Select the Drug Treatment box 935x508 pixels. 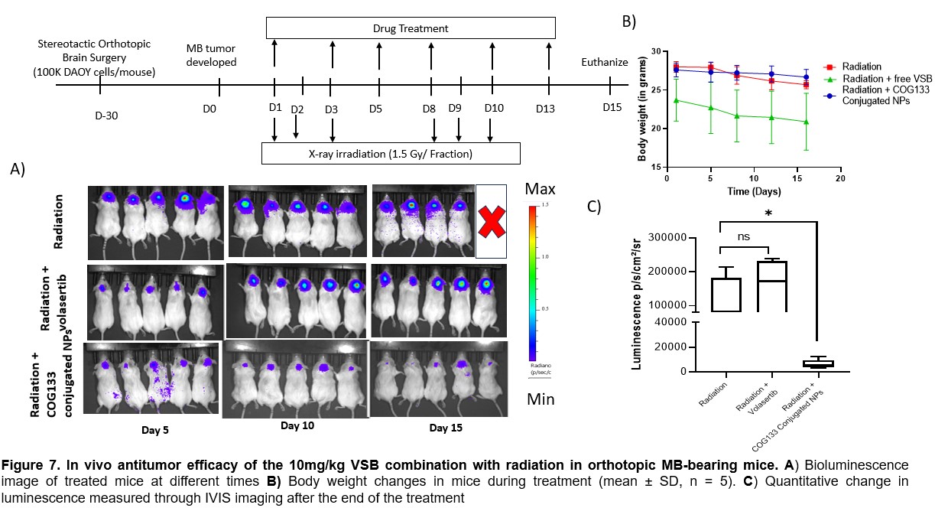pos(411,29)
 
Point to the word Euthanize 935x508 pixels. pos(604,62)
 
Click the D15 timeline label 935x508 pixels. pos(612,108)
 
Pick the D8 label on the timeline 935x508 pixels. pos(429,109)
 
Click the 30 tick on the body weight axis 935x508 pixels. pos(655,51)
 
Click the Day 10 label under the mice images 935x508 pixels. pos(297,425)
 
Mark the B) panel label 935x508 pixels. pos(628,22)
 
